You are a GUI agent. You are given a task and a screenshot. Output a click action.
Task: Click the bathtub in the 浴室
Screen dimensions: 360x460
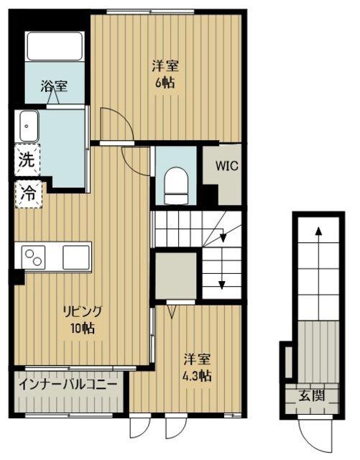pos(55,46)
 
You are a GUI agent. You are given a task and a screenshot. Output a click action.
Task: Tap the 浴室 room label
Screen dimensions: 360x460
pos(54,86)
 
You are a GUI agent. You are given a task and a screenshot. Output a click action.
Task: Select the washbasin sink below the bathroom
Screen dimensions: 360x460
pos(29,126)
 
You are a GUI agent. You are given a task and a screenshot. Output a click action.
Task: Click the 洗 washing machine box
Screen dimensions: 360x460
pos(27,160)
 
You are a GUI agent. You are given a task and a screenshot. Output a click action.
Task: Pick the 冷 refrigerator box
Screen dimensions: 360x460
pos(28,194)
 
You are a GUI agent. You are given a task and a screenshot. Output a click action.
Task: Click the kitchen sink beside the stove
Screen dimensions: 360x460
pos(76,257)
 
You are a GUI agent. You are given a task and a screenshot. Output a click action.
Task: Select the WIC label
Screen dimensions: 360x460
pos(227,166)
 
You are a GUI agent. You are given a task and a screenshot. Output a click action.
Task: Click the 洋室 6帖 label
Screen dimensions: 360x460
pos(165,75)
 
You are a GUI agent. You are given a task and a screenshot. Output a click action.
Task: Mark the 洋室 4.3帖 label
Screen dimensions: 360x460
pos(197,367)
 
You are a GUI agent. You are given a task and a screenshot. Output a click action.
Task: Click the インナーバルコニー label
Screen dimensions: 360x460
pos(68,384)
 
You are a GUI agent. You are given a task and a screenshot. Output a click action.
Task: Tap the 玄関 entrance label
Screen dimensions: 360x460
pos(312,396)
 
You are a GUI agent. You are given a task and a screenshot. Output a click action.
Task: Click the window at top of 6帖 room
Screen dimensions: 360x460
pos(150,11)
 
